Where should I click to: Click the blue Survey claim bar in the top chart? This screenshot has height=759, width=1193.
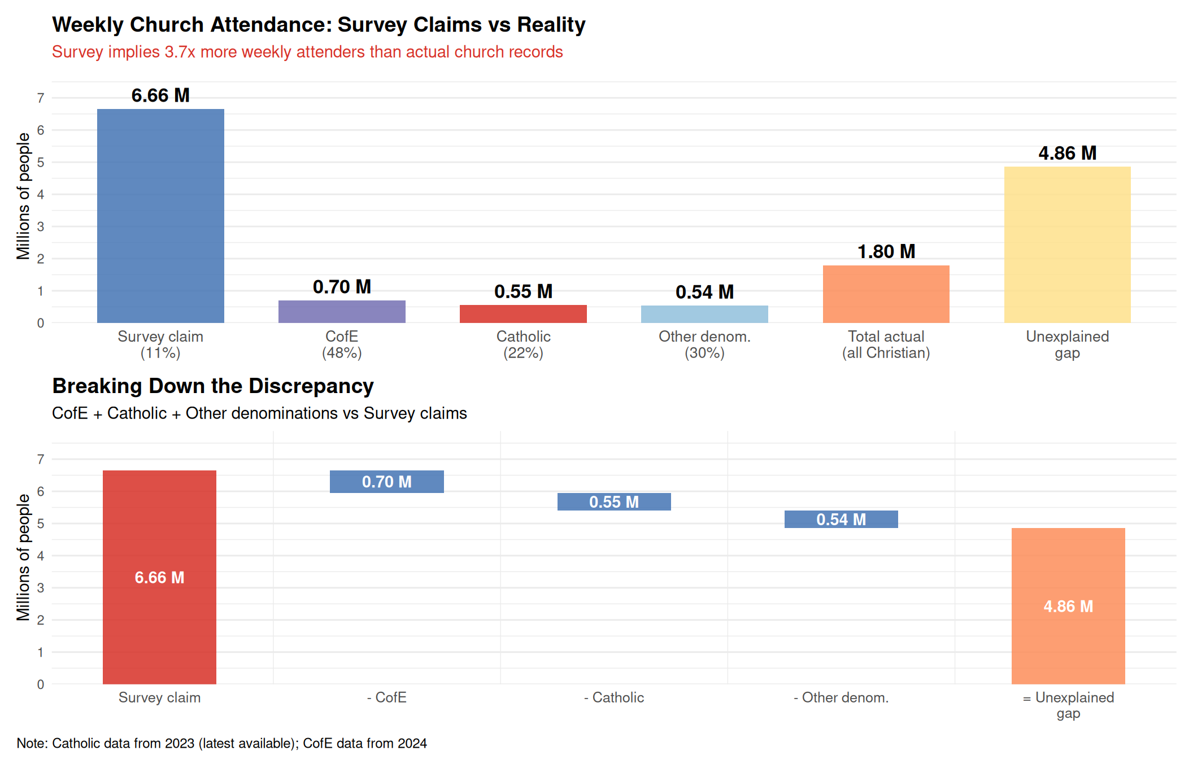[x=160, y=216]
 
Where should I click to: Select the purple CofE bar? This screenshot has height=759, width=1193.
[x=342, y=312]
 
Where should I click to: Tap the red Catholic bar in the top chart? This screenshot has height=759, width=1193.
[x=523, y=314]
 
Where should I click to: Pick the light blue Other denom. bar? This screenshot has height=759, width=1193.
[x=704, y=314]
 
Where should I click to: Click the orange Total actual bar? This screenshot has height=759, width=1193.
[x=886, y=294]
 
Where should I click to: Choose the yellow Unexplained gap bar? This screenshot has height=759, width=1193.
[x=1067, y=245]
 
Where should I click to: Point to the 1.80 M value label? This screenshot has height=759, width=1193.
[x=886, y=251]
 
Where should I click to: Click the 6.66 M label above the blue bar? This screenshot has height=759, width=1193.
[x=160, y=95]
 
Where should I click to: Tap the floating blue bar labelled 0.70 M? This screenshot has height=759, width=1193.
[x=386, y=482]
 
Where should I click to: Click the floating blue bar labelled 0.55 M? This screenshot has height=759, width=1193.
[x=614, y=501]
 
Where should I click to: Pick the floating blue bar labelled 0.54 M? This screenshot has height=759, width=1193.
[x=841, y=519]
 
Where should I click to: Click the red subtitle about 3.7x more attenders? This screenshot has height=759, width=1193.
[x=307, y=52]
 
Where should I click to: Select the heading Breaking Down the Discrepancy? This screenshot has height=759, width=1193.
[x=213, y=386]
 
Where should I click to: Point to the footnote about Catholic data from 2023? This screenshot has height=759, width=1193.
[x=221, y=743]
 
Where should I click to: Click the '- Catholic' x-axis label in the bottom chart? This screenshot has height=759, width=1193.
[x=614, y=697]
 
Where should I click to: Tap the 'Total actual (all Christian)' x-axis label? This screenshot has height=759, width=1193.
[x=886, y=344]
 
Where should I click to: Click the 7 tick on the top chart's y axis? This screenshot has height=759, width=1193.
[x=41, y=98]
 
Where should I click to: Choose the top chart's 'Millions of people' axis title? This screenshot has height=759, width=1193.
[x=23, y=196]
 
